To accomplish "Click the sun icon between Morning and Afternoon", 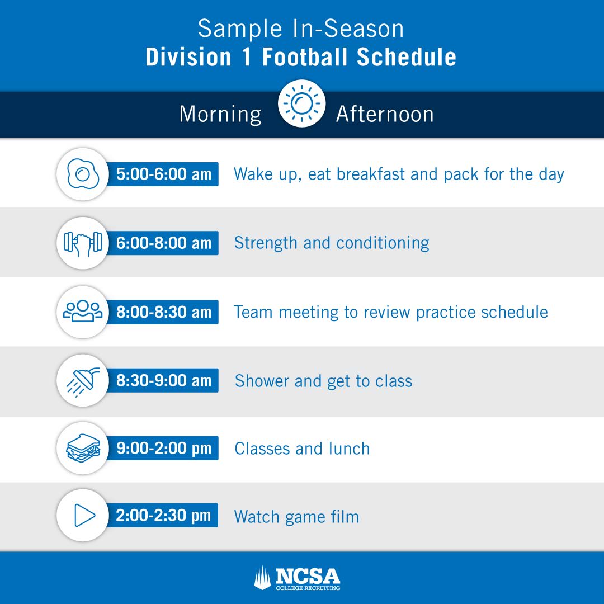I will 301,103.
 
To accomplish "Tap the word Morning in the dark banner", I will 220,114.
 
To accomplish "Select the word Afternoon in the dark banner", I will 385,114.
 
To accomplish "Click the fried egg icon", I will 83,174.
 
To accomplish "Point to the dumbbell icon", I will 83,243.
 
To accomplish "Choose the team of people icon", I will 83,312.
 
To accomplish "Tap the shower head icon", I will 83,381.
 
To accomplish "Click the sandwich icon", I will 83,449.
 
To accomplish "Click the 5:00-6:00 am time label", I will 164,174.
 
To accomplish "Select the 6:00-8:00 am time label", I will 164,243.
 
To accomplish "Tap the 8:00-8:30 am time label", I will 164,312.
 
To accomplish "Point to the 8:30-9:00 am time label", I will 164,381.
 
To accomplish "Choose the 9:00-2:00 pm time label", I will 164,449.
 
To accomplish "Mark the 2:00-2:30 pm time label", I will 164,516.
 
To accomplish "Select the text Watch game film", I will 296,517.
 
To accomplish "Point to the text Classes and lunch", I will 302,449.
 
